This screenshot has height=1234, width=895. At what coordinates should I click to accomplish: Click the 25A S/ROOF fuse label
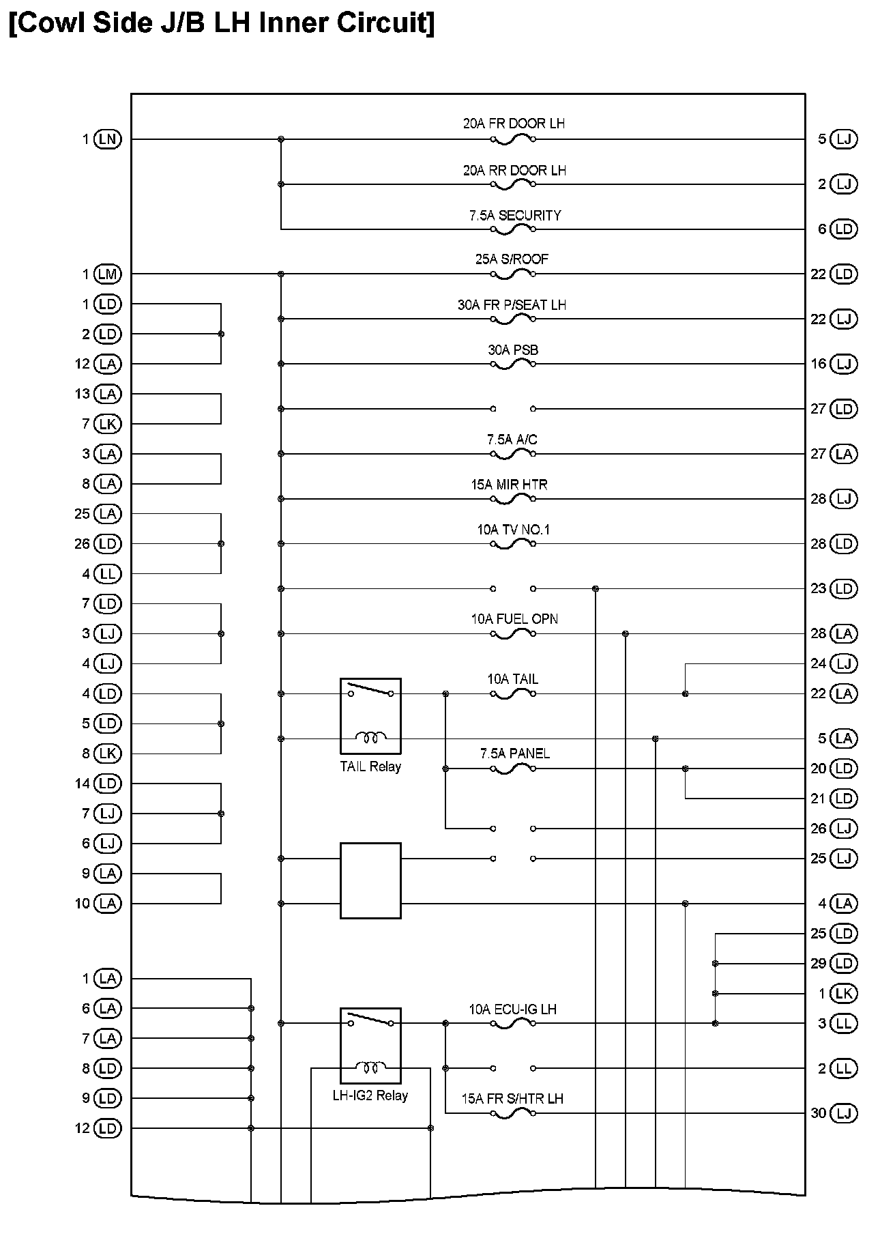click(512, 259)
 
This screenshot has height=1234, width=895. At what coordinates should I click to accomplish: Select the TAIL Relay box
click(370, 716)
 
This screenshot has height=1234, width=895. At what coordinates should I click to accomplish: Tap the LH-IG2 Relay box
click(370, 1045)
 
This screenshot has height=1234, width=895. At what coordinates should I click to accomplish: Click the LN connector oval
click(108, 139)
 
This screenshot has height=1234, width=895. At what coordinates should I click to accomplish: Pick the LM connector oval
click(108, 274)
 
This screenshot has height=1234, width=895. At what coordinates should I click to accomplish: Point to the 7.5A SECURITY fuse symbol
click(513, 229)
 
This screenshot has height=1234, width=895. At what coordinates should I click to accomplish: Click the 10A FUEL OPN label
click(514, 619)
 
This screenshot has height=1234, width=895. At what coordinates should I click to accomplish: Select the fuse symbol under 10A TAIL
click(513, 694)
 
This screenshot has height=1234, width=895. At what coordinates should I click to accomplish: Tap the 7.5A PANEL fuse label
click(515, 754)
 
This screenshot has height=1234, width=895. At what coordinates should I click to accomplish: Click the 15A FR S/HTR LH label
click(512, 1099)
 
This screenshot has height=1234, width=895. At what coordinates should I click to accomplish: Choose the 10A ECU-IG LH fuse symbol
click(513, 1023)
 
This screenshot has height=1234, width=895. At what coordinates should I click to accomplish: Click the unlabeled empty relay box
click(370, 880)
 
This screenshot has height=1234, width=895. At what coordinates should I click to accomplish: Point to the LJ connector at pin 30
click(844, 1113)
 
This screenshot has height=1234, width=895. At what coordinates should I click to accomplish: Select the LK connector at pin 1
click(844, 993)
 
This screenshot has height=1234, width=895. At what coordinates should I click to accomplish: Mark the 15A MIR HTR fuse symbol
click(513, 499)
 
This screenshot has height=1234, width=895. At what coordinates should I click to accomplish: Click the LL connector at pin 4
click(108, 574)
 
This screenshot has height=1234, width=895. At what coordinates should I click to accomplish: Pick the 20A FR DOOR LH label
click(514, 124)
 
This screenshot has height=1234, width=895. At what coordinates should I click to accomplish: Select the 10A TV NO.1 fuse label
click(513, 530)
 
